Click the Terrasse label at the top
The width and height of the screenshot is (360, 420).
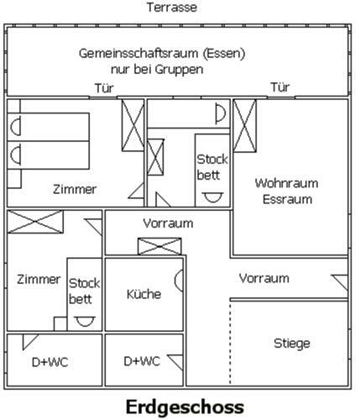[172, 8]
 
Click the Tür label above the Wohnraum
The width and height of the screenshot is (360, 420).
[280, 87]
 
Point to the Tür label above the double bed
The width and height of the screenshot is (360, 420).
[102, 88]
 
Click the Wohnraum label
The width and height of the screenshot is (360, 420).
[287, 182]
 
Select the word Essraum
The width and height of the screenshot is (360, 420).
[287, 200]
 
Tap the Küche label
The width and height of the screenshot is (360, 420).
[143, 294]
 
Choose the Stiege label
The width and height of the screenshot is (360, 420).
[291, 343]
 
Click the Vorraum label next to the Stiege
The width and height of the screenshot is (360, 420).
[263, 278]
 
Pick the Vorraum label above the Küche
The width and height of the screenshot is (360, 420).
[168, 223]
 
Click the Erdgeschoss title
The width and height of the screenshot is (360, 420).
[185, 407]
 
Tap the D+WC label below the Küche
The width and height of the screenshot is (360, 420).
[142, 361]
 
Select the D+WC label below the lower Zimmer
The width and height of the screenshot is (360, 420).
[50, 362]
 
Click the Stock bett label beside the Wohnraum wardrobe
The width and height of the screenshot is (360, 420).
[212, 166]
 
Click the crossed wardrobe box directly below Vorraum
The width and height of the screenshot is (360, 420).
[160, 245]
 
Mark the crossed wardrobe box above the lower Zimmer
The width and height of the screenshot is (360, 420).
[35, 222]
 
